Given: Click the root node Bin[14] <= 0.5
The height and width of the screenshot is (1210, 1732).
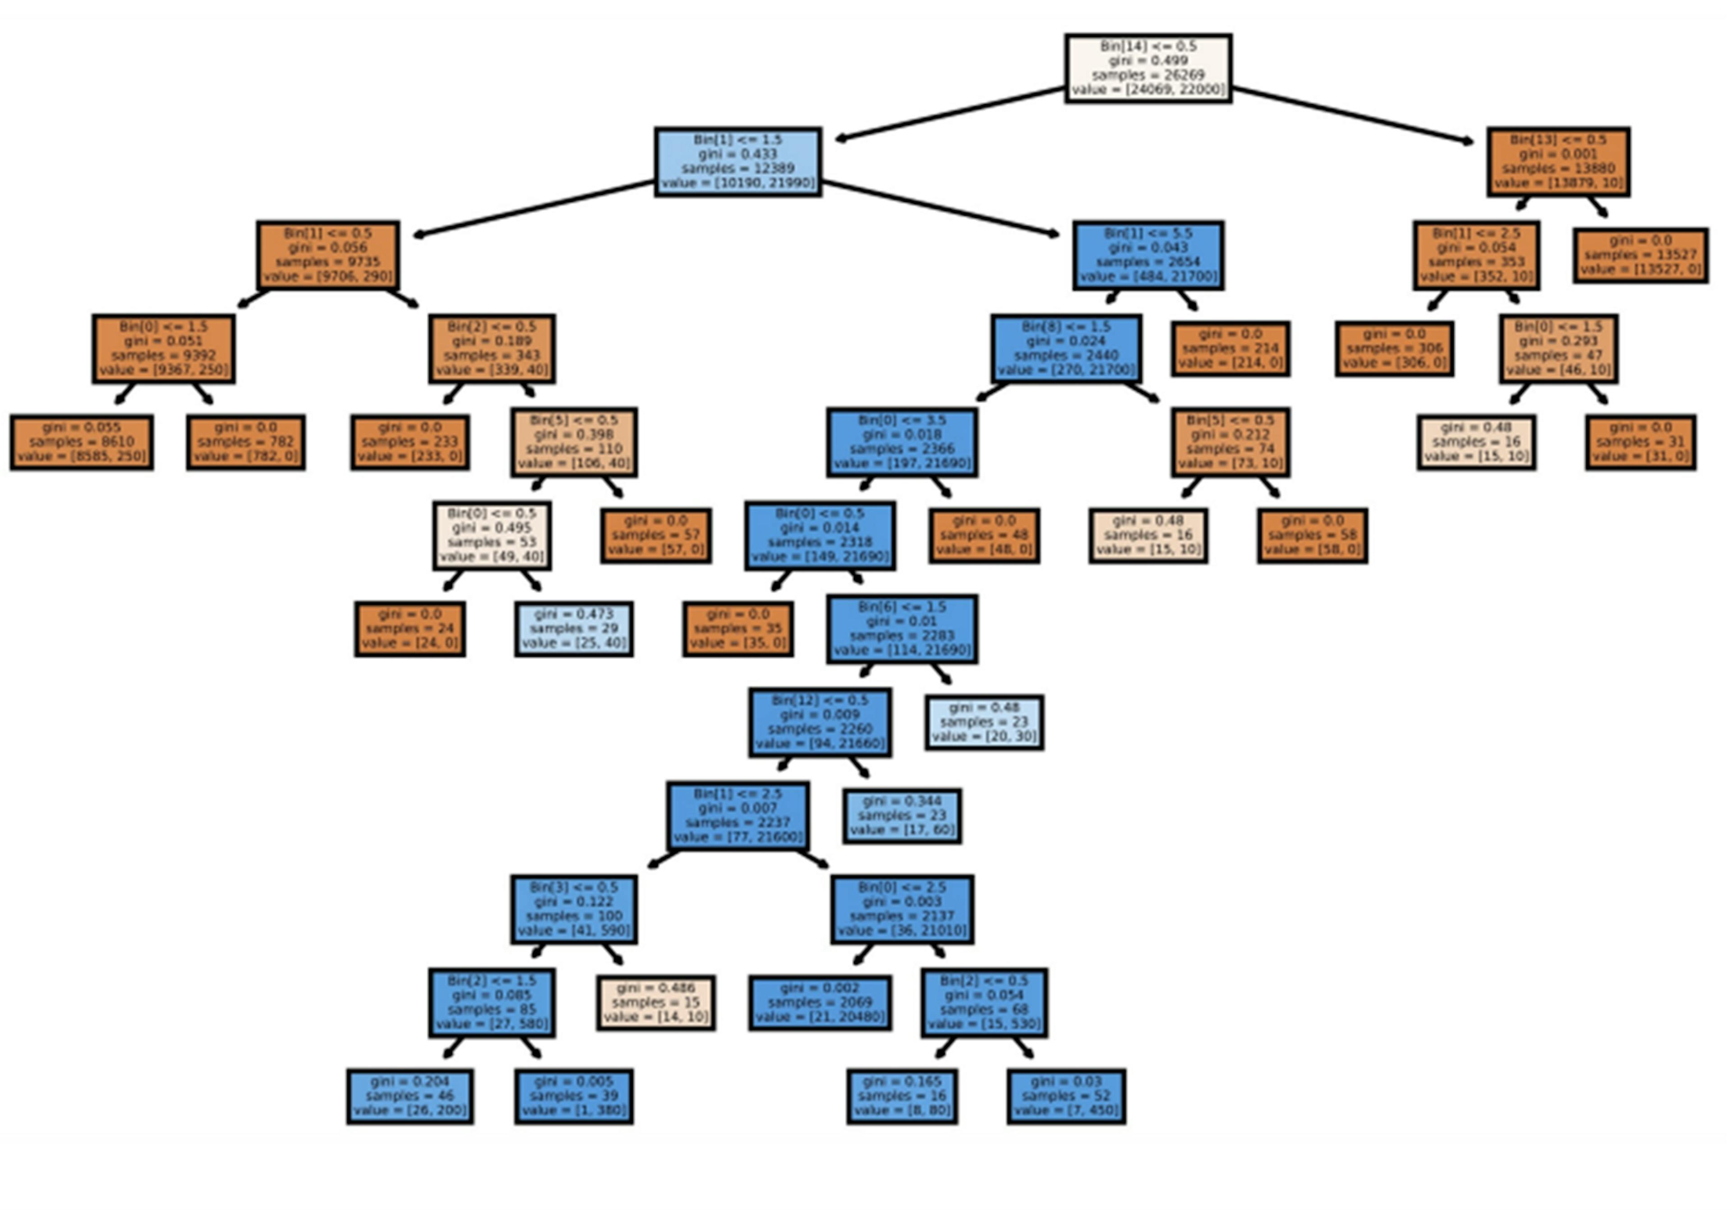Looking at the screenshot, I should pyautogui.click(x=1148, y=68).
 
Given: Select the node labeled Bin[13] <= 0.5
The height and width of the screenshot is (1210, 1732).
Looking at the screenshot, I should pyautogui.click(x=1558, y=161).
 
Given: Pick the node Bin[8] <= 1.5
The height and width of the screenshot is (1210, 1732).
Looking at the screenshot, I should pyautogui.click(x=1066, y=349).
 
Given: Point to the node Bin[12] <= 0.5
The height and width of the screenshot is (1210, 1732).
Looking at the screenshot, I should pyautogui.click(x=820, y=722).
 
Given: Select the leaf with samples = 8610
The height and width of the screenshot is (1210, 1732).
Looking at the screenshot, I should pyautogui.click(x=82, y=442).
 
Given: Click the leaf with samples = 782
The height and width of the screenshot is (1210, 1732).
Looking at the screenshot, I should pyautogui.click(x=246, y=442).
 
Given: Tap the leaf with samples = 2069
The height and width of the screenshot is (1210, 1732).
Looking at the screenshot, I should pyautogui.click(x=820, y=1003).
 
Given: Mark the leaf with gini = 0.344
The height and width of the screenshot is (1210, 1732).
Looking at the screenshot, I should pyautogui.click(x=902, y=815).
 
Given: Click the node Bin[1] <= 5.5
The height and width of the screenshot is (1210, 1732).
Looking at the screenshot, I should pyautogui.click(x=1148, y=255).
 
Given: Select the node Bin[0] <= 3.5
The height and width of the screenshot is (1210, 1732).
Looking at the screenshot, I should pyautogui.click(x=902, y=442).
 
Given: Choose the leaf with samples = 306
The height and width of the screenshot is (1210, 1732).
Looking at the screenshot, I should pyautogui.click(x=1394, y=349).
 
